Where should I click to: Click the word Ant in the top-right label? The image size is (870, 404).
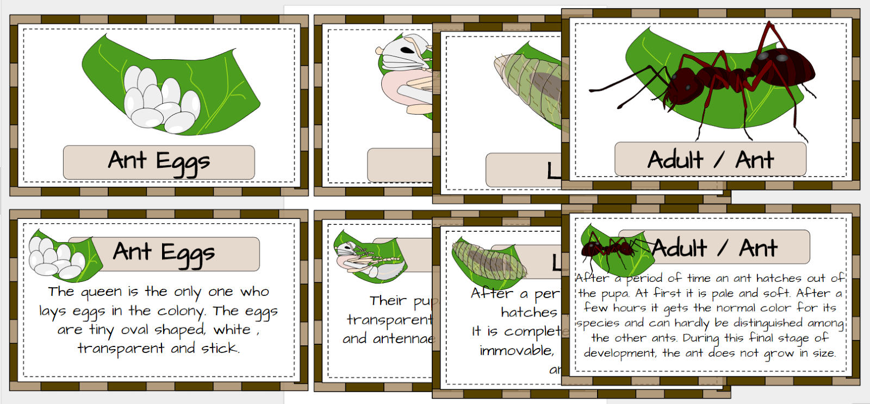pos(754,160)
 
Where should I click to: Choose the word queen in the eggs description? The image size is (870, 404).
pos(101,292)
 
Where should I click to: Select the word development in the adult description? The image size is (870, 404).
pos(620,353)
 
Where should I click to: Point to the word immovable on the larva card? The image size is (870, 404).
pos(516,351)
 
